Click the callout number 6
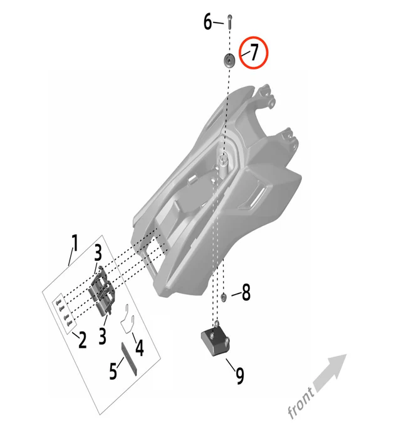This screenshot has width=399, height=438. click(x=208, y=22)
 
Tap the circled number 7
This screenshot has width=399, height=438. click(x=254, y=52)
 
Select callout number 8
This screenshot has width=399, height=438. click(x=246, y=292)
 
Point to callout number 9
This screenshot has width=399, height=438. click(x=240, y=375)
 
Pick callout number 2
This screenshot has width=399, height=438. click(x=82, y=340)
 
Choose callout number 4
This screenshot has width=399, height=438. click(x=140, y=348)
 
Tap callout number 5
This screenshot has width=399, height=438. click(x=113, y=371)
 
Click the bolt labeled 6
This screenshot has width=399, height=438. click(x=230, y=21)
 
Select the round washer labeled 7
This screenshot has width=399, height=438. click(x=229, y=60)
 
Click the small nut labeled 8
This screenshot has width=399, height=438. click(x=224, y=297)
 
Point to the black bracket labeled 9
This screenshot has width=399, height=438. click(x=216, y=339)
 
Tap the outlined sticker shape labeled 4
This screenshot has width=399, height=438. click(x=128, y=318)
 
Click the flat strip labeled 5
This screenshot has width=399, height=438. click(x=129, y=360)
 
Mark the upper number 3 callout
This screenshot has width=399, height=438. click(x=98, y=253)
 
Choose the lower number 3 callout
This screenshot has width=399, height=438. click(x=103, y=335)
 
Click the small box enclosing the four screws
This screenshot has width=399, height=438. click(x=63, y=314)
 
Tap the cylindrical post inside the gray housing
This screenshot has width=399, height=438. click(x=224, y=166)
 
